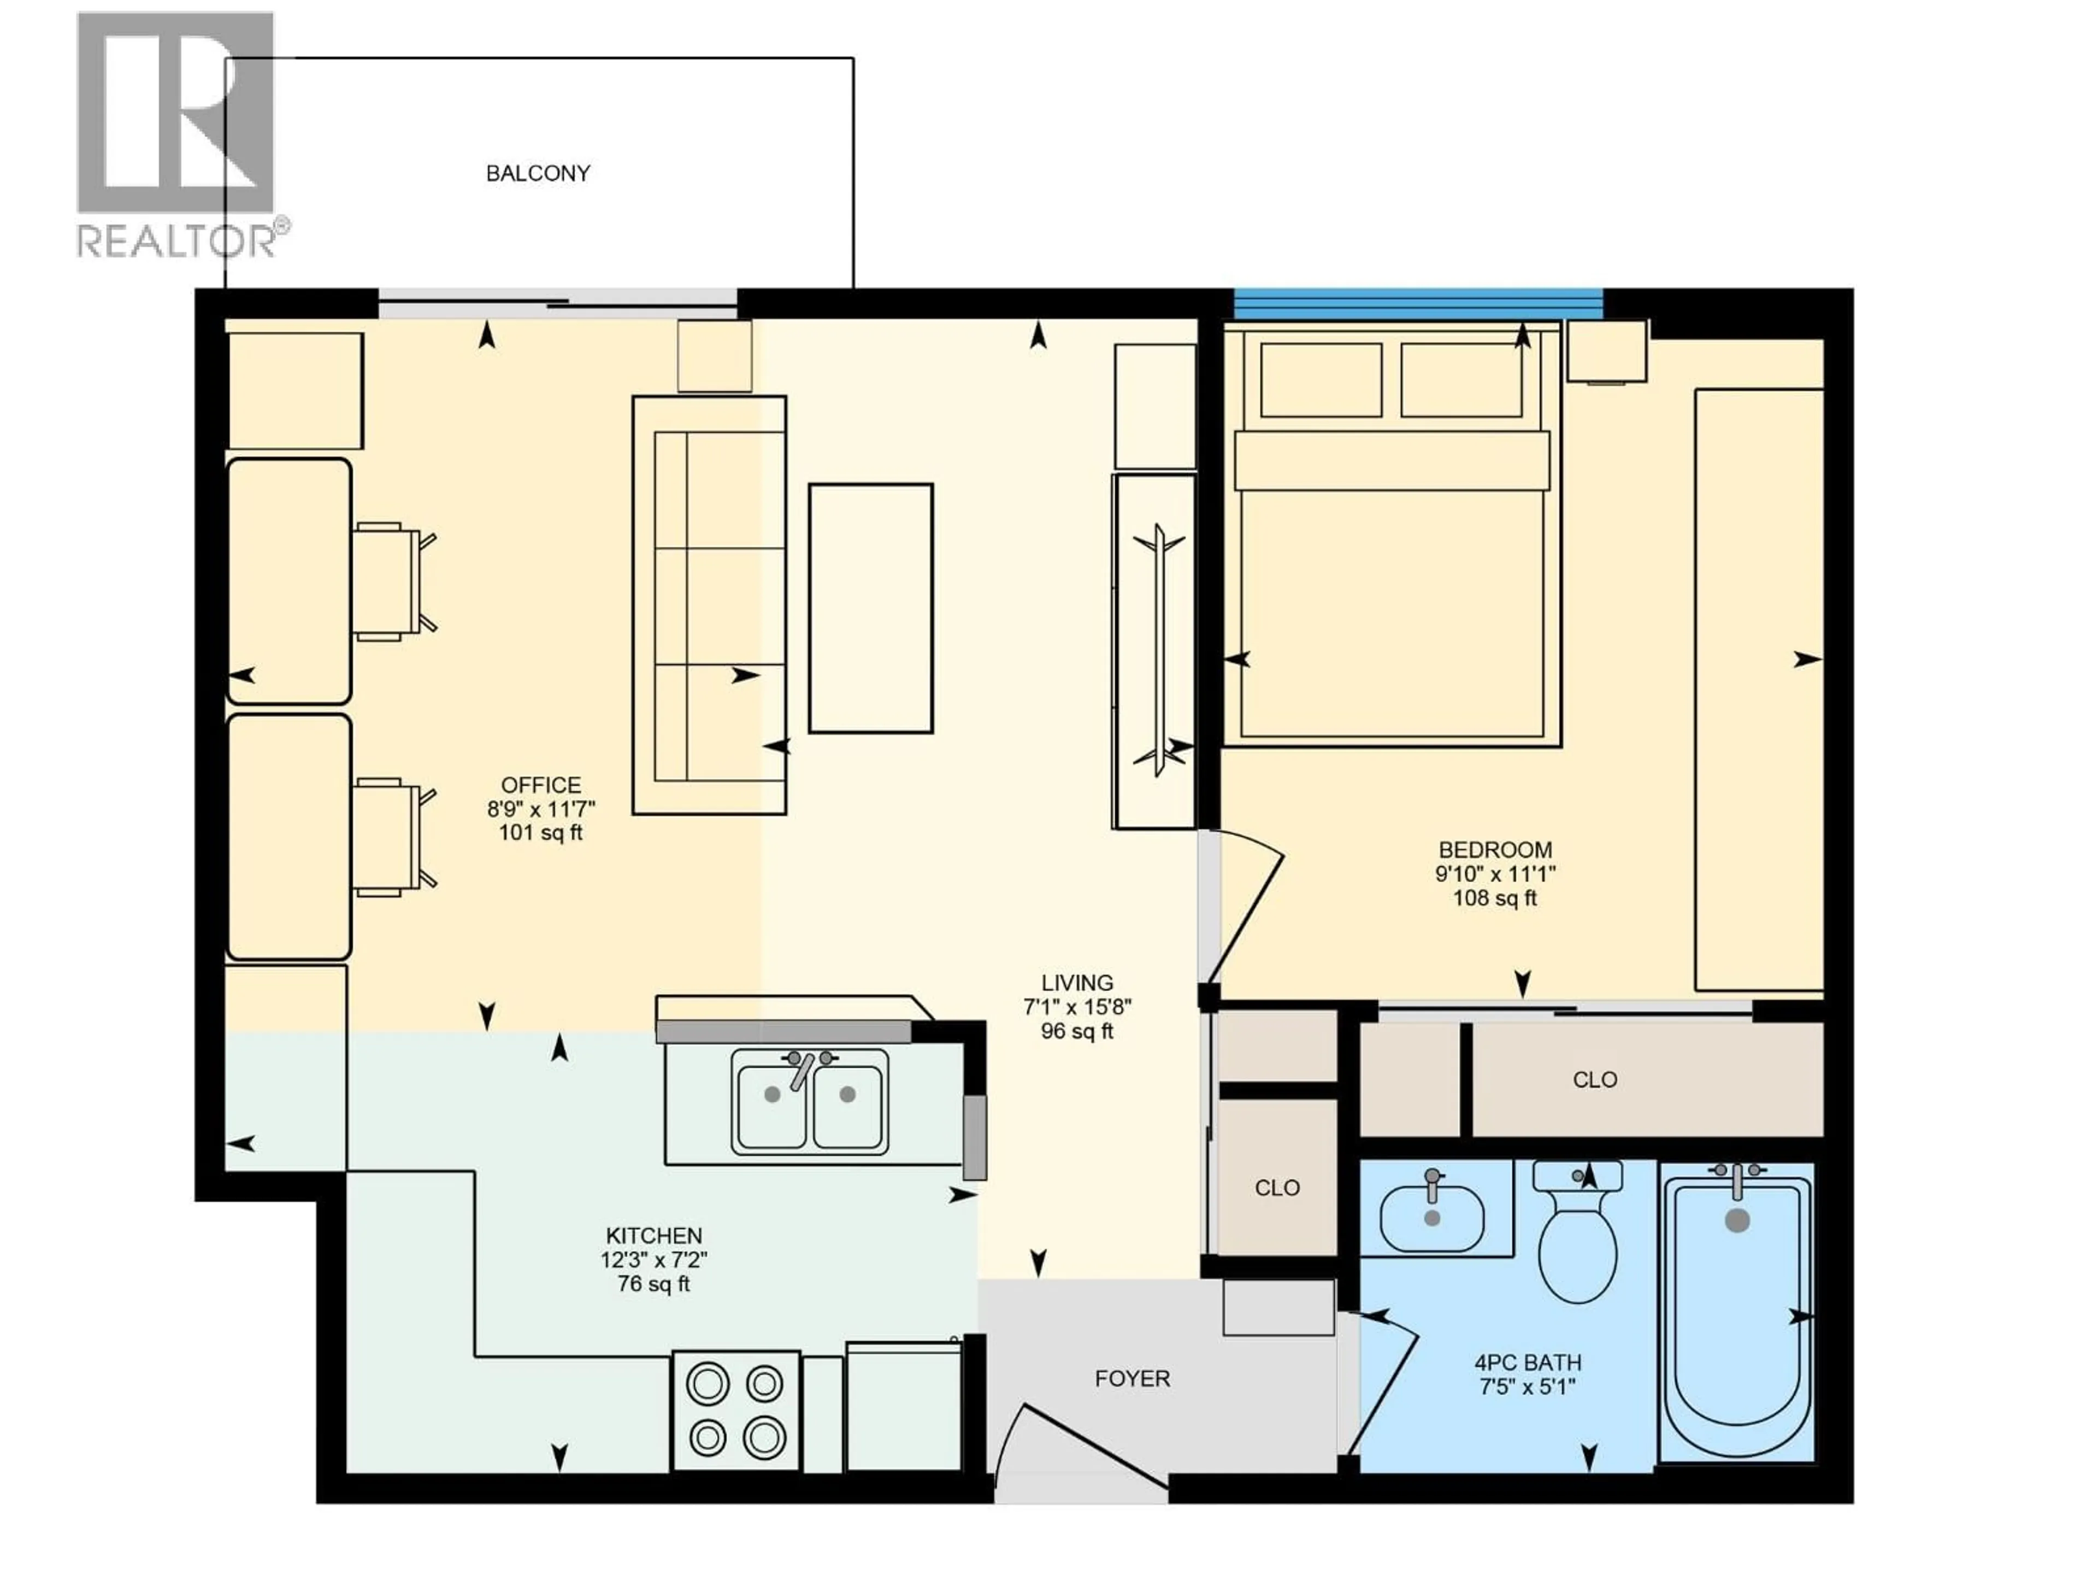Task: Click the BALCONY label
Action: pyautogui.click(x=538, y=174)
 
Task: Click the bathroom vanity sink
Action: pyautogui.click(x=1431, y=1220)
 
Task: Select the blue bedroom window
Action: pyautogui.click(x=1417, y=304)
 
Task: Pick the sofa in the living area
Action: pyautogui.click(x=710, y=604)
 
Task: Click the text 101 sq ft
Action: pyautogui.click(x=541, y=833)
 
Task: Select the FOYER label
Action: pyautogui.click(x=1133, y=1378)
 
